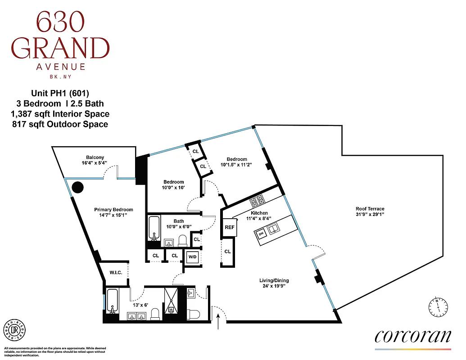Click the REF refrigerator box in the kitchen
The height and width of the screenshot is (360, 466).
[230, 227]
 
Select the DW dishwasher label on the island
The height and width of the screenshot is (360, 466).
[261, 234]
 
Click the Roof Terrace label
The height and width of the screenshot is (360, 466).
[370, 209]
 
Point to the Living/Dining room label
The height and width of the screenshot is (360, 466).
[269, 279]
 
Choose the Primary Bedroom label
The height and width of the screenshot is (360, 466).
[113, 210]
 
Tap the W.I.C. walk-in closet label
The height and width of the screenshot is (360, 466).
[116, 272]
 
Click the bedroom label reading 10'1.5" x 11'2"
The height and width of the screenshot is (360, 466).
[237, 165]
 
